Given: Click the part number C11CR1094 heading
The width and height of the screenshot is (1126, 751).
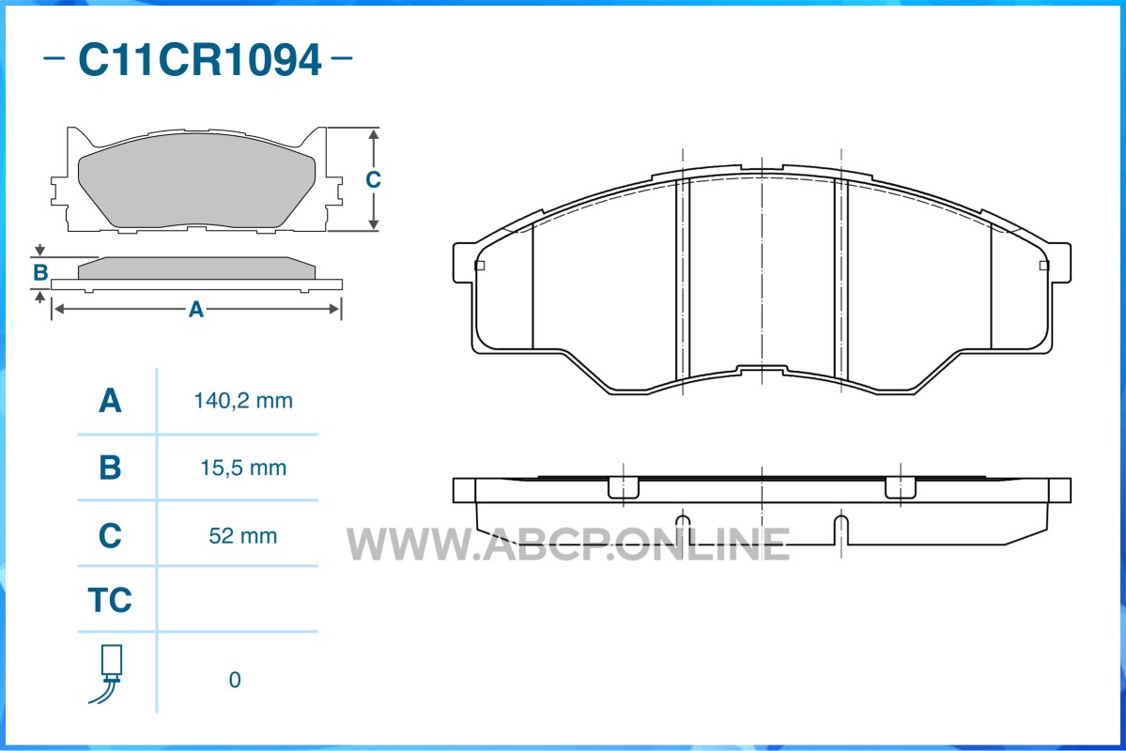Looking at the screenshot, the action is click(200, 59).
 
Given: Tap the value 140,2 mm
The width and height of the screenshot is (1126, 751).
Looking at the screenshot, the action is click(243, 401).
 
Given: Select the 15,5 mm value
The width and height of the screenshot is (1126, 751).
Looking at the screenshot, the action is click(243, 468).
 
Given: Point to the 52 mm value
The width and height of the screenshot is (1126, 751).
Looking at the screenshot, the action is click(243, 536).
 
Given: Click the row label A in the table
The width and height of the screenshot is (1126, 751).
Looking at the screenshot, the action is click(110, 401).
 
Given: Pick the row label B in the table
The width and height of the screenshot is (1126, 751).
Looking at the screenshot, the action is click(110, 467).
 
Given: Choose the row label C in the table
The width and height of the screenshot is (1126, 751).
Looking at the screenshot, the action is click(110, 536).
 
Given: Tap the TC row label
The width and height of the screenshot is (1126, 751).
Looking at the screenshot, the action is click(110, 600).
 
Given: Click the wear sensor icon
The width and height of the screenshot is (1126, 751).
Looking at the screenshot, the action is click(107, 673).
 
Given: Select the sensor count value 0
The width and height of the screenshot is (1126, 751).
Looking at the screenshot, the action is click(235, 680).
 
